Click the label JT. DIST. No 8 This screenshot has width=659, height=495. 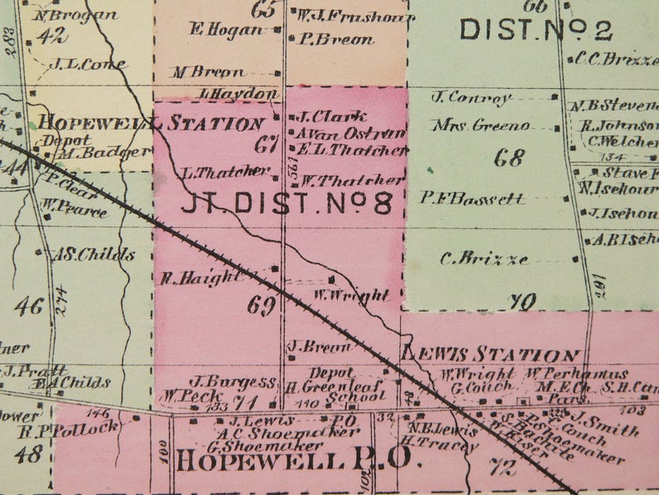coord(286,203)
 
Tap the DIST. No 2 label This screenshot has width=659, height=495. coord(535,30)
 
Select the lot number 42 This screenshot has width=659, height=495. coord(51,35)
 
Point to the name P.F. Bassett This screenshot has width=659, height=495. coord(472,198)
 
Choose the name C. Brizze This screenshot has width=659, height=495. coord(484,258)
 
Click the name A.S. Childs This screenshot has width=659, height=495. coord(93,255)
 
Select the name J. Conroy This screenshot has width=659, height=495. coord(471,97)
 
